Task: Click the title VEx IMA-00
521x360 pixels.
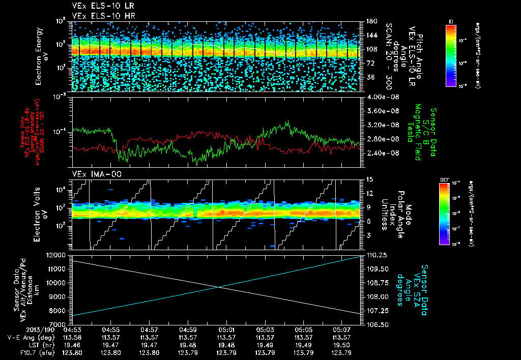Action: pyautogui.click(x=92, y=174)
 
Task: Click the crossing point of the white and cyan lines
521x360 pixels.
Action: pyautogui.click(x=218, y=287)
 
